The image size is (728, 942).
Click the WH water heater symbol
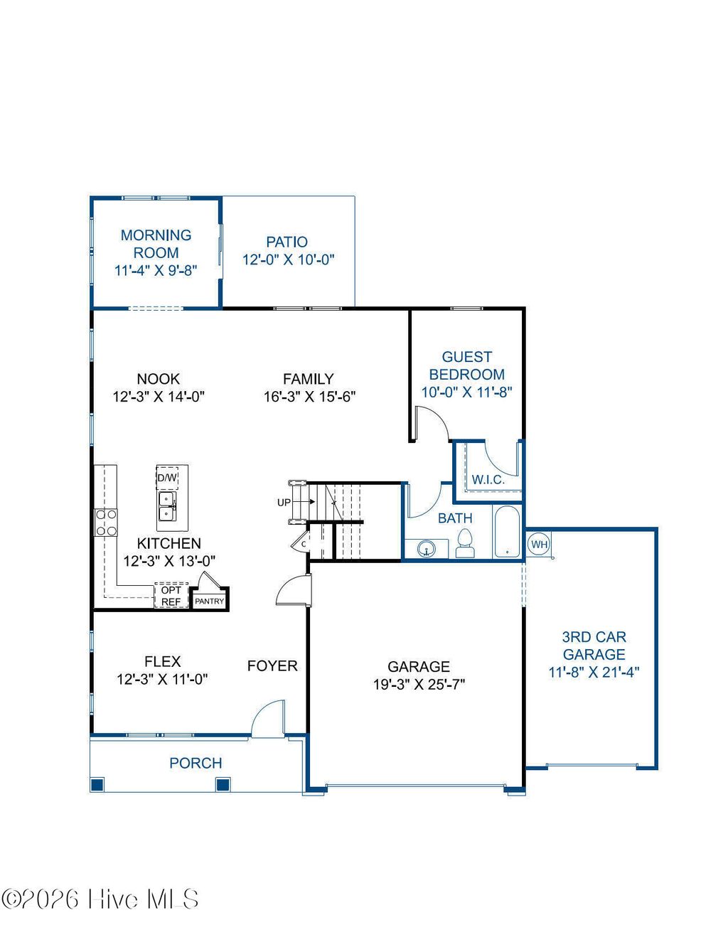click(540, 545)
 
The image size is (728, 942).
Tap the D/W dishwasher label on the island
click(168, 478)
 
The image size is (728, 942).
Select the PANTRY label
click(210, 601)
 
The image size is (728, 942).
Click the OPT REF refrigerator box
click(171, 596)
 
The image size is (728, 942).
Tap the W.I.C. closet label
click(488, 480)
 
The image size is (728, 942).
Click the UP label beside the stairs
click(284, 503)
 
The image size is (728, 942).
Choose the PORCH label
click(196, 763)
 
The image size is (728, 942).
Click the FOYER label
click(272, 666)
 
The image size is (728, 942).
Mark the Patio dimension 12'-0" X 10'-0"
click(288, 259)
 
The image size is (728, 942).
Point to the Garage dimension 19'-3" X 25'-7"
click(419, 685)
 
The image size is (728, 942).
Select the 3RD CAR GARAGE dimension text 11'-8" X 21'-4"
click(594, 672)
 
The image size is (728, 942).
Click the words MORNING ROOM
click(156, 244)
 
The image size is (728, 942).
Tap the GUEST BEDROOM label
click(467, 365)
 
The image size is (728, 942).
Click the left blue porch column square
click(97, 785)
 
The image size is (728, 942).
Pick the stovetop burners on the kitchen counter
click(106, 523)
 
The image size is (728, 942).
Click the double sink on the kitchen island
click(168, 506)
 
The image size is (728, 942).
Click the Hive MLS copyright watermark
click(100, 900)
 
